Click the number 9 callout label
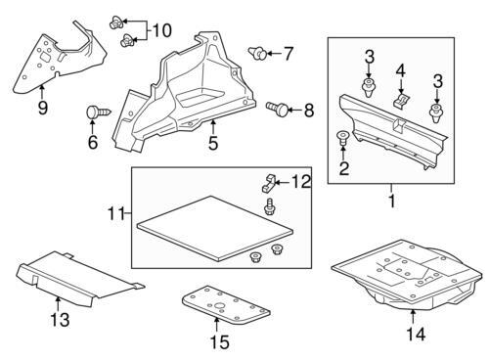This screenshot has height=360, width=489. [42, 108]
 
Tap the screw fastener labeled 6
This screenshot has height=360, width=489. [99, 112]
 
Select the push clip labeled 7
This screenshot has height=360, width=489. [258, 53]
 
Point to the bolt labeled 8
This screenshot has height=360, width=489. [278, 109]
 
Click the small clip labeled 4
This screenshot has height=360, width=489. [401, 100]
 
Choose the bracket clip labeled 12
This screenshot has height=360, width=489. [269, 183]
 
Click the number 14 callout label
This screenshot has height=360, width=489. [416, 335]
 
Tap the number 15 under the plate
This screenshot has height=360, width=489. [220, 342]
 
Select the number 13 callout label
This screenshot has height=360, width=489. [60, 320]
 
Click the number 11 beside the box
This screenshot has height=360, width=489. [116, 214]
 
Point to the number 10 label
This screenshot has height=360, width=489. [161, 30]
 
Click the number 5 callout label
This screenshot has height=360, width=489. [213, 143]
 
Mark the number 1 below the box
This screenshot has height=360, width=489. [392, 202]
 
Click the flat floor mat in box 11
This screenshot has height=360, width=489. [215, 228]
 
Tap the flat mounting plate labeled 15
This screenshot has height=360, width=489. [226, 305]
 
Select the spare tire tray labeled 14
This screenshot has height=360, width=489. [408, 274]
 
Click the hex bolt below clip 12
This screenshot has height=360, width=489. [269, 206]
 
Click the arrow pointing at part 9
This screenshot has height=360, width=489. [42, 91]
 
